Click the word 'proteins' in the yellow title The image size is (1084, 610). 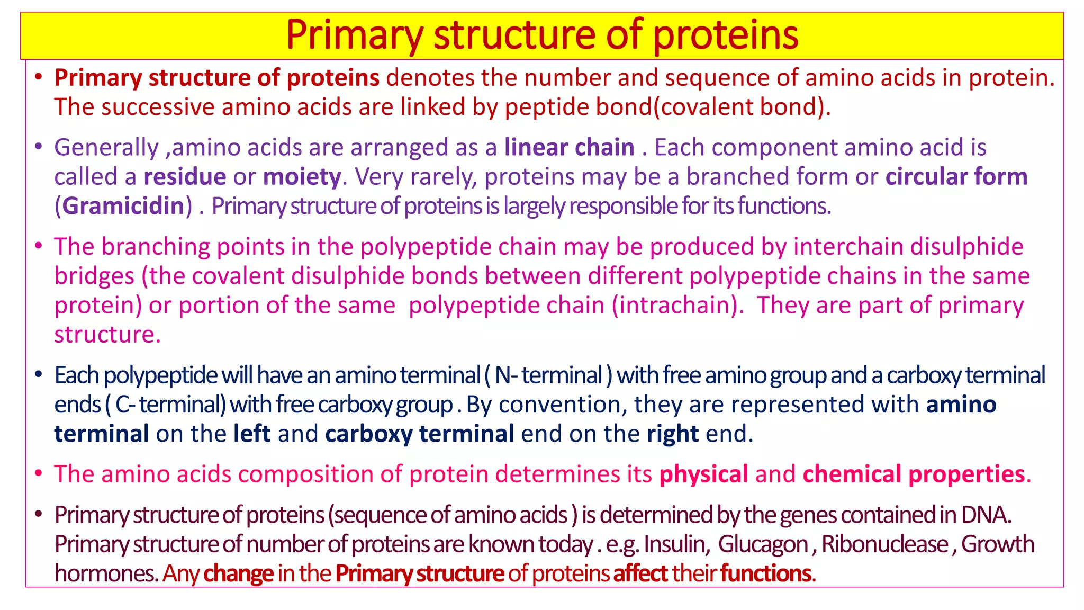(725, 35)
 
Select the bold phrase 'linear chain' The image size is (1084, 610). (569, 147)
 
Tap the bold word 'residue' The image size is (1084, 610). (185, 177)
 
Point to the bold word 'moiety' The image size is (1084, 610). (302, 177)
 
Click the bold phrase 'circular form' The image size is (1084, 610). (956, 177)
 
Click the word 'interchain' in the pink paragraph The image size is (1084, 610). (849, 247)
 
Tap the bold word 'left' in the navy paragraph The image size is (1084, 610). (252, 434)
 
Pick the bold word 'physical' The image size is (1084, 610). (703, 474)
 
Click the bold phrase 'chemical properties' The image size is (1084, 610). (914, 474)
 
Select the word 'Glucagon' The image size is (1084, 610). (763, 544)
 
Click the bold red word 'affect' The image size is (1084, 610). (640, 573)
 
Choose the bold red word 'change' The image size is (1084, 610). (238, 573)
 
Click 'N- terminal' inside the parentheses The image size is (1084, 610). (548, 375)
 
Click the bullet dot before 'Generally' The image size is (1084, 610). (38, 147)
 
